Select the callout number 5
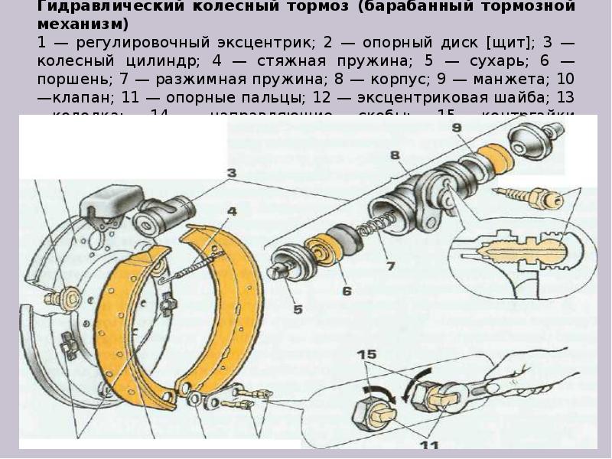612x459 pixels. point(296,310)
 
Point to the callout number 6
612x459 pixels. point(347,291)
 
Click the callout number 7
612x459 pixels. point(390,266)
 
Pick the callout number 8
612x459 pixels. point(395,155)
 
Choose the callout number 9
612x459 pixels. point(457,128)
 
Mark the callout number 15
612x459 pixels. point(367,353)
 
